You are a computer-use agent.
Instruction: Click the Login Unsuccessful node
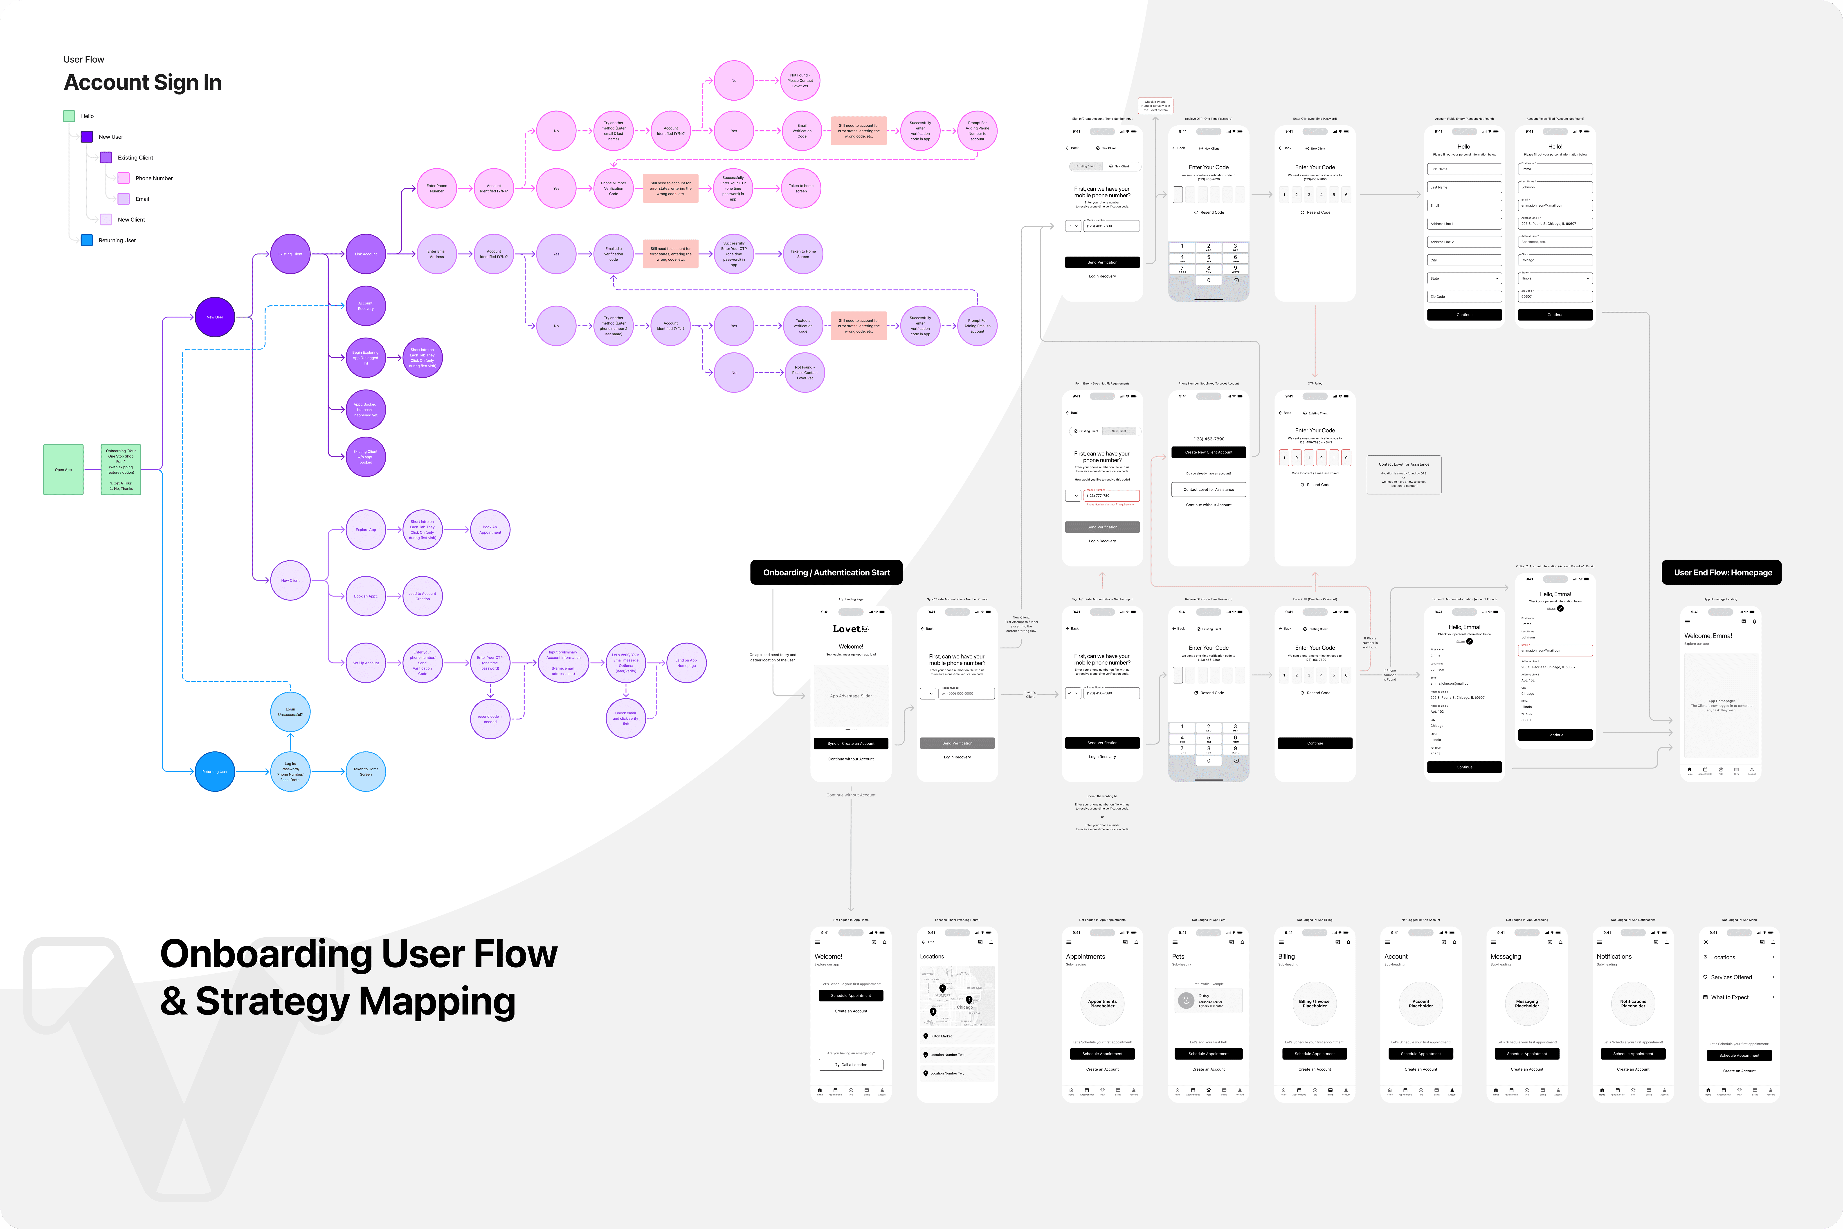(x=291, y=712)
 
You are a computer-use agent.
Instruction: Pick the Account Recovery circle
(x=366, y=306)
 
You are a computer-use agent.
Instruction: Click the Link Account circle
(x=366, y=254)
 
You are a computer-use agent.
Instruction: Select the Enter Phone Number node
(x=436, y=188)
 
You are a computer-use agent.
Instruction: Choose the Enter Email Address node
(x=436, y=254)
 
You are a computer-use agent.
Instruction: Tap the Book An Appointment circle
(x=490, y=530)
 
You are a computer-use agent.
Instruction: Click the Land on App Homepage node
(x=686, y=663)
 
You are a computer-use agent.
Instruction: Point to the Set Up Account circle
(x=366, y=663)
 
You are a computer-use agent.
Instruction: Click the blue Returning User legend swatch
(x=87, y=241)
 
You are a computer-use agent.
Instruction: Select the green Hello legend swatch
(x=69, y=116)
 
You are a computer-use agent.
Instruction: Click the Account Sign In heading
(x=143, y=82)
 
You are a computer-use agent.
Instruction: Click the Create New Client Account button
(x=1208, y=452)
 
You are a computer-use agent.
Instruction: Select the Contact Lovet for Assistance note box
(x=1403, y=475)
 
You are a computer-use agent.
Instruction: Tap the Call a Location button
(x=851, y=1064)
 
